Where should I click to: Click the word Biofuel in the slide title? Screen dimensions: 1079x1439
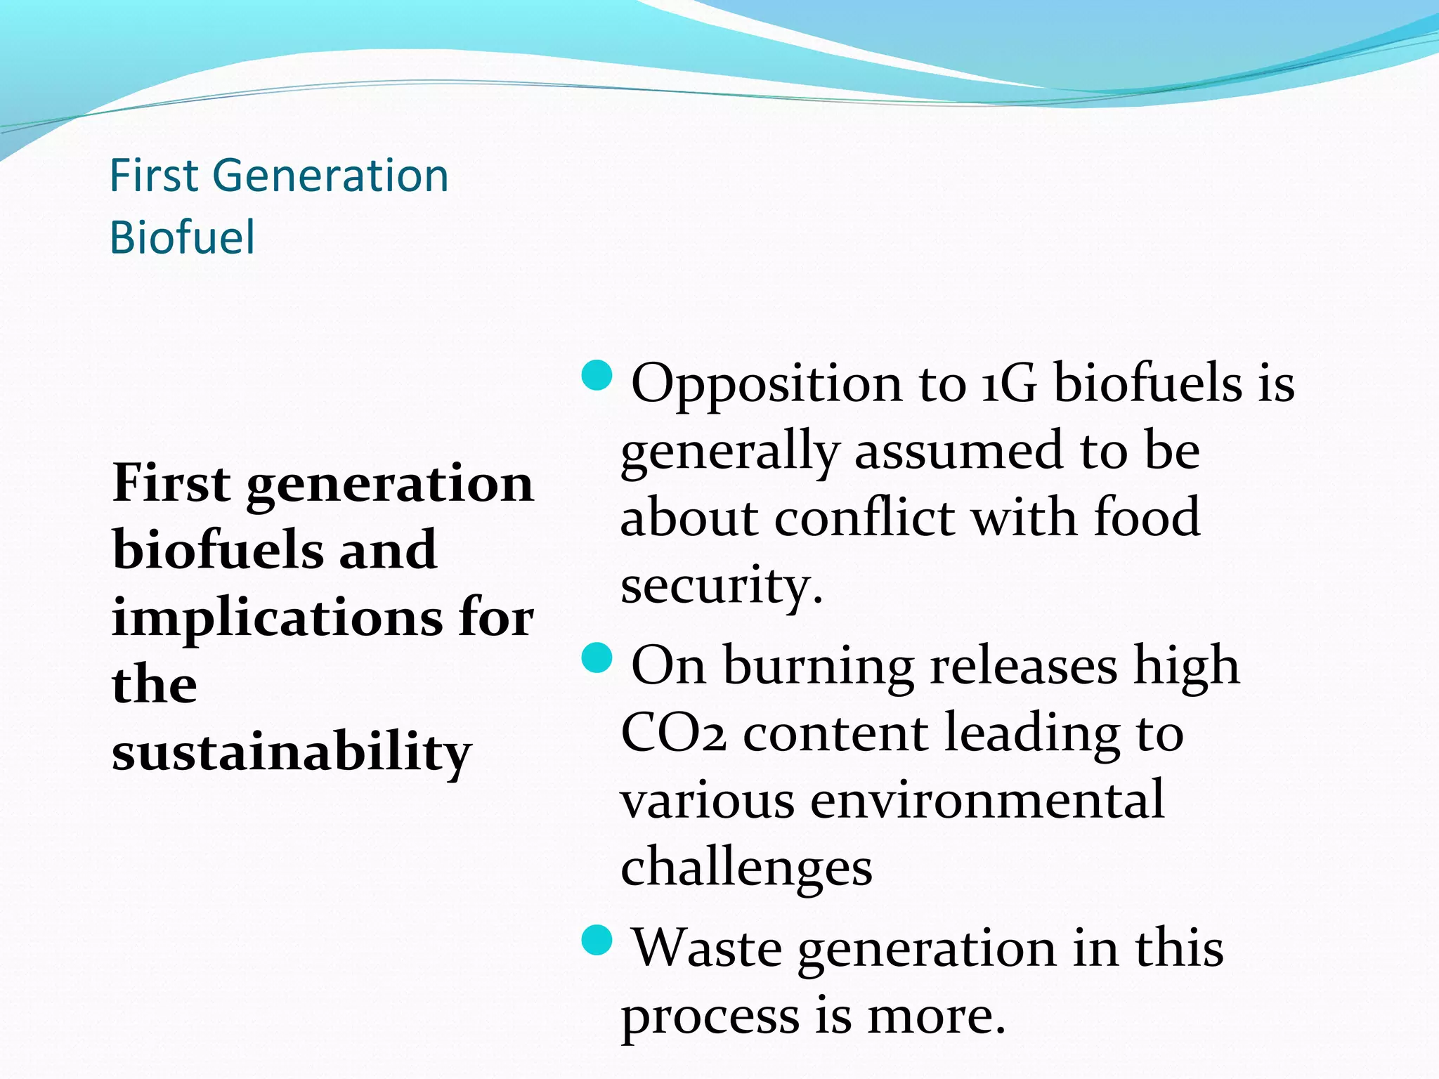click(182, 237)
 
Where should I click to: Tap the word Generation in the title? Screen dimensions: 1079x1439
click(330, 176)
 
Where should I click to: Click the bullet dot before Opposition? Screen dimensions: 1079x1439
click(598, 376)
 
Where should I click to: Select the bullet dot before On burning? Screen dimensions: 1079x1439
click(598, 658)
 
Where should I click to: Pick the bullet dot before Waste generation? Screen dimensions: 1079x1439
click(598, 941)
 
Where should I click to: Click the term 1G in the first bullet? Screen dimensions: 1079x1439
click(1008, 384)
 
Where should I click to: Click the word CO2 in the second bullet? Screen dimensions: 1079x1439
click(673, 733)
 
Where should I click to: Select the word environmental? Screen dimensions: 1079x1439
click(987, 800)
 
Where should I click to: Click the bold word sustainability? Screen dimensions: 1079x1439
click(292, 752)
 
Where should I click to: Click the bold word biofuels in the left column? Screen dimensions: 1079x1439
click(217, 550)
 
